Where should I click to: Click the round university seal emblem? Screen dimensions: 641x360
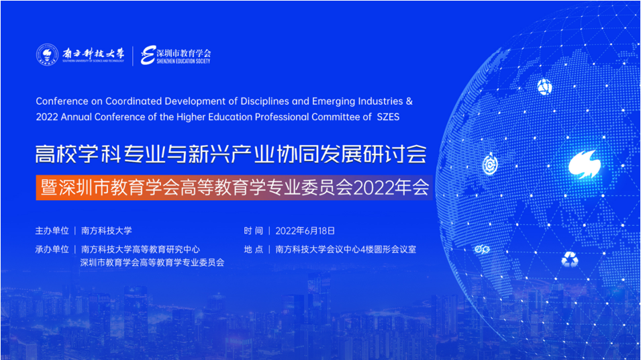(48, 54)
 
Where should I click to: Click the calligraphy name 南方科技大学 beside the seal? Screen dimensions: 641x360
(93, 53)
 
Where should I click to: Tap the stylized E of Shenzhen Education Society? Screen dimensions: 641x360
(148, 55)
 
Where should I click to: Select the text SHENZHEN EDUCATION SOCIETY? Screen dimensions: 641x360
(183, 61)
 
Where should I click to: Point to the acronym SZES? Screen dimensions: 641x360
(388, 117)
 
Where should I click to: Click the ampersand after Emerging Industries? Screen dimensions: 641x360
(409, 101)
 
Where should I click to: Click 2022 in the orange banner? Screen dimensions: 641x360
(371, 188)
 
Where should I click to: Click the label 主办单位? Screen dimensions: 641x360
(52, 231)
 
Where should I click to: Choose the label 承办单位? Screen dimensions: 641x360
(52, 249)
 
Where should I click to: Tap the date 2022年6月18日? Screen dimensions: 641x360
(305, 231)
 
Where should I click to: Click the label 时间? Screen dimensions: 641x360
(254, 231)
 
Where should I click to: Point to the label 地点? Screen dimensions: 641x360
(254, 249)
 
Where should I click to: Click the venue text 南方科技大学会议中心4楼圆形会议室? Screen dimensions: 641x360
(346, 249)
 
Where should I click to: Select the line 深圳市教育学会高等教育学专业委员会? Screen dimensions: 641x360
(152, 263)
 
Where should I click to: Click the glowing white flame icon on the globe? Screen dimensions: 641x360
(585, 164)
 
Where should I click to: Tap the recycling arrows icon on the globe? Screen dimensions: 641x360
(569, 259)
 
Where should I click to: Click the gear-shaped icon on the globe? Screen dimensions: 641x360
(490, 165)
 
